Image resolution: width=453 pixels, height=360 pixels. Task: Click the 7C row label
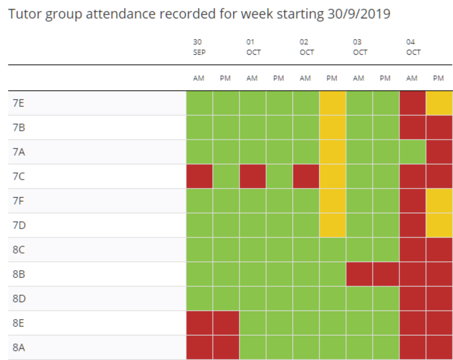tap(19, 176)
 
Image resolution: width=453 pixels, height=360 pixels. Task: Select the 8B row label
tap(19, 274)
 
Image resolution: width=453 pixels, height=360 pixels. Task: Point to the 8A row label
tap(19, 347)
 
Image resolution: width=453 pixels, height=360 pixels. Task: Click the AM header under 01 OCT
tap(252, 78)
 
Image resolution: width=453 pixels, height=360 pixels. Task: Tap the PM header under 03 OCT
tap(385, 78)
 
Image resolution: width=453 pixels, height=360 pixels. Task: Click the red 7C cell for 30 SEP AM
tap(199, 176)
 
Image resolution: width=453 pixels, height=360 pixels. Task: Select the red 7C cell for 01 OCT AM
tap(253, 176)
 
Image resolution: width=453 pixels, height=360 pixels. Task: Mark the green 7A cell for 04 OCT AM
tap(412, 152)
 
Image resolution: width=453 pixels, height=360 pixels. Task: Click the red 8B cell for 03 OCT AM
tap(359, 274)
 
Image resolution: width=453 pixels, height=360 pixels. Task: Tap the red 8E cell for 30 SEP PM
tap(226, 323)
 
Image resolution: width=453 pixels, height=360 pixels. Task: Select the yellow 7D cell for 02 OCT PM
tap(332, 225)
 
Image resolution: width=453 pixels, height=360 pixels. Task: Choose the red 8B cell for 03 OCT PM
tap(385, 274)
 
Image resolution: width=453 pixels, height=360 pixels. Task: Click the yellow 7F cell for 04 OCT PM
tap(439, 200)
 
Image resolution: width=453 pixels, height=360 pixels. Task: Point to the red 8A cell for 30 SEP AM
tap(199, 347)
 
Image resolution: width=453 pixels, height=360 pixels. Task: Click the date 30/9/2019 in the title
tap(359, 14)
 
